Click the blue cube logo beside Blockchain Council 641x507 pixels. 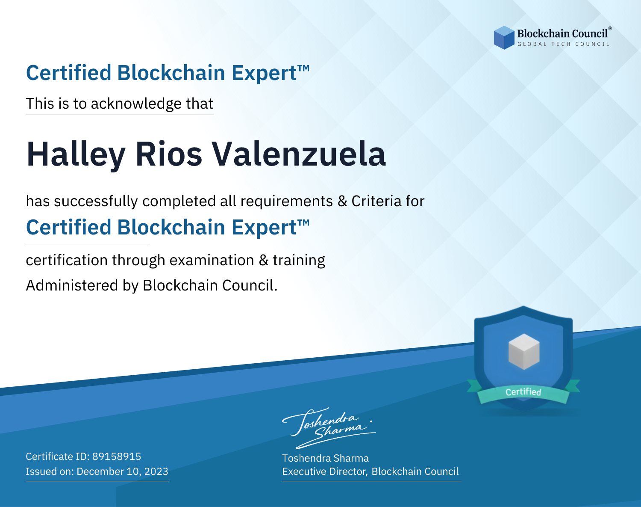504,38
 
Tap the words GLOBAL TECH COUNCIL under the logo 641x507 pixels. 564,44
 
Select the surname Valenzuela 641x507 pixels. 299,154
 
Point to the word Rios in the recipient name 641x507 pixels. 169,154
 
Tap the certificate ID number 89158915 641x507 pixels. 117,456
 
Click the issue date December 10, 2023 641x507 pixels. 122,471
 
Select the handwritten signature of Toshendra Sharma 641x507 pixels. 329,428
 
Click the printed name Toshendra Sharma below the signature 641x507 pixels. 325,458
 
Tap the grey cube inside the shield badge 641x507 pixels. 523,352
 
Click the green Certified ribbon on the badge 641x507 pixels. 523,392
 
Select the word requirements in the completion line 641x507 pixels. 287,201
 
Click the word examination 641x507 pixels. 212,260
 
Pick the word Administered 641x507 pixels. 72,285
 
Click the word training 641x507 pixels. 299,261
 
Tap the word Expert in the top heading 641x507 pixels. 264,73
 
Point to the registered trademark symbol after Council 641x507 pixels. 610,28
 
